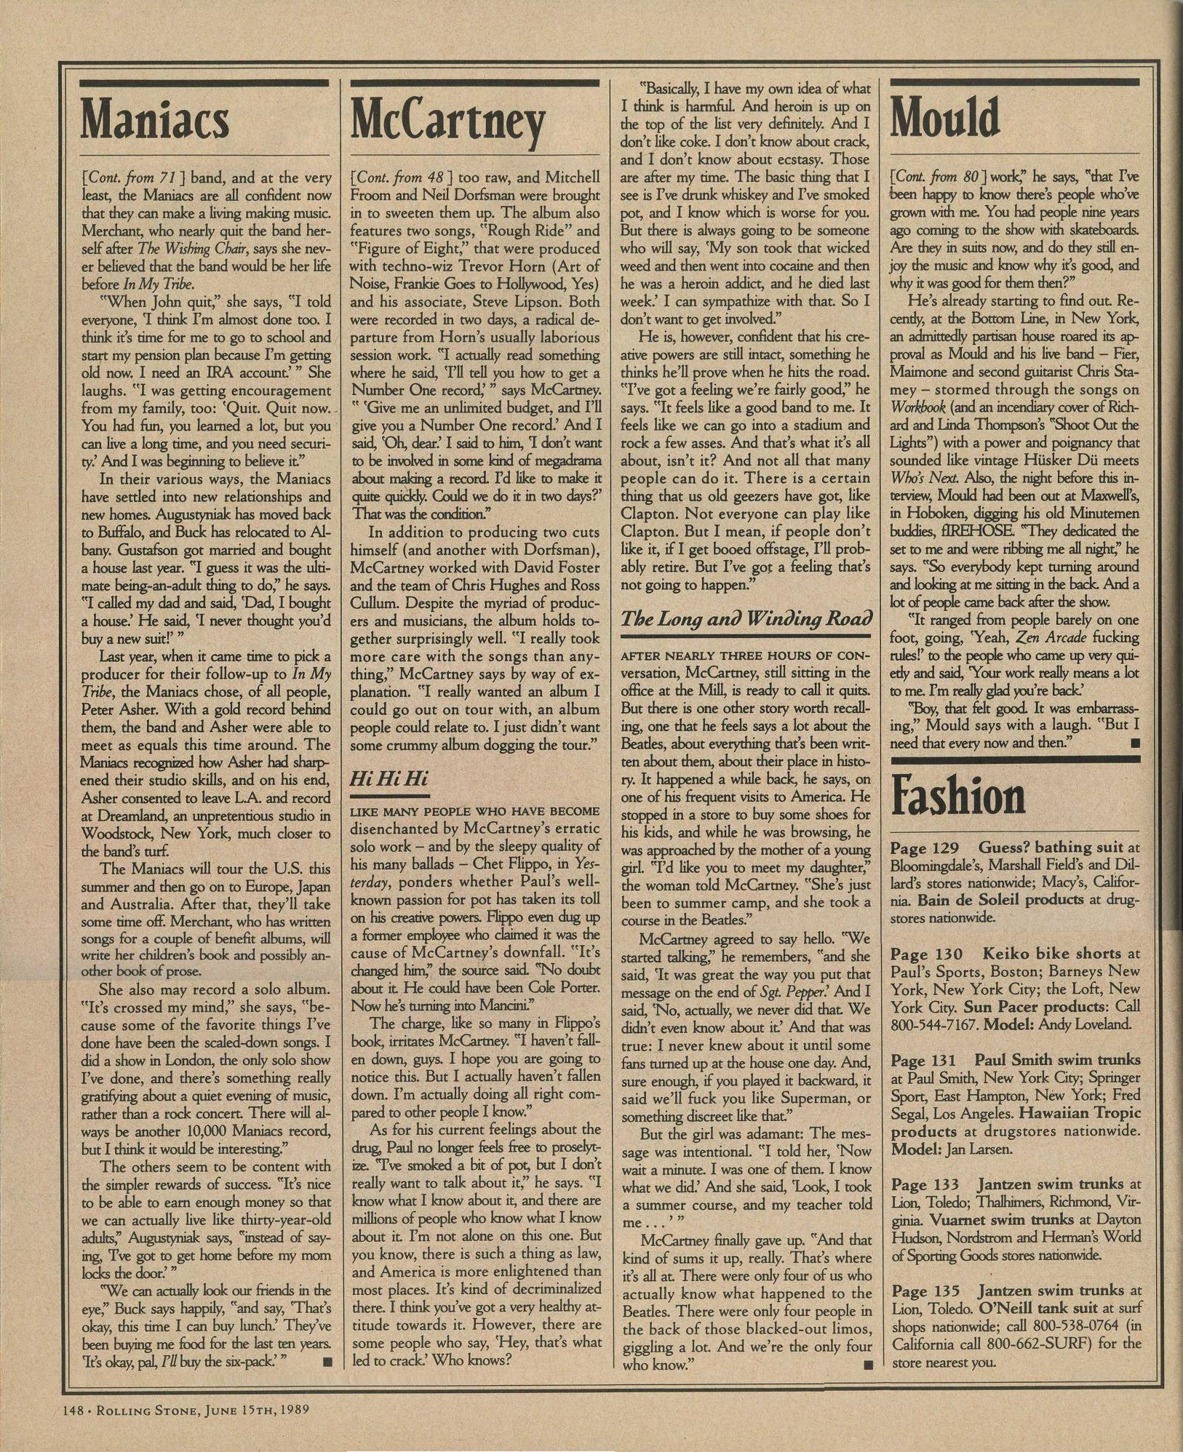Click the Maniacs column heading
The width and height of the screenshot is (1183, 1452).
tap(155, 120)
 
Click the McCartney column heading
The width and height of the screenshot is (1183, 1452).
tap(447, 121)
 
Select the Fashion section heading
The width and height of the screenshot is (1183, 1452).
tap(958, 796)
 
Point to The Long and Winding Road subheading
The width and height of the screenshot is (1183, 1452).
tap(746, 619)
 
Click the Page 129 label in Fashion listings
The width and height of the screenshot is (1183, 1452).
tap(924, 847)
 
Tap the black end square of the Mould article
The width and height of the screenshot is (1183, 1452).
tap(1134, 743)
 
